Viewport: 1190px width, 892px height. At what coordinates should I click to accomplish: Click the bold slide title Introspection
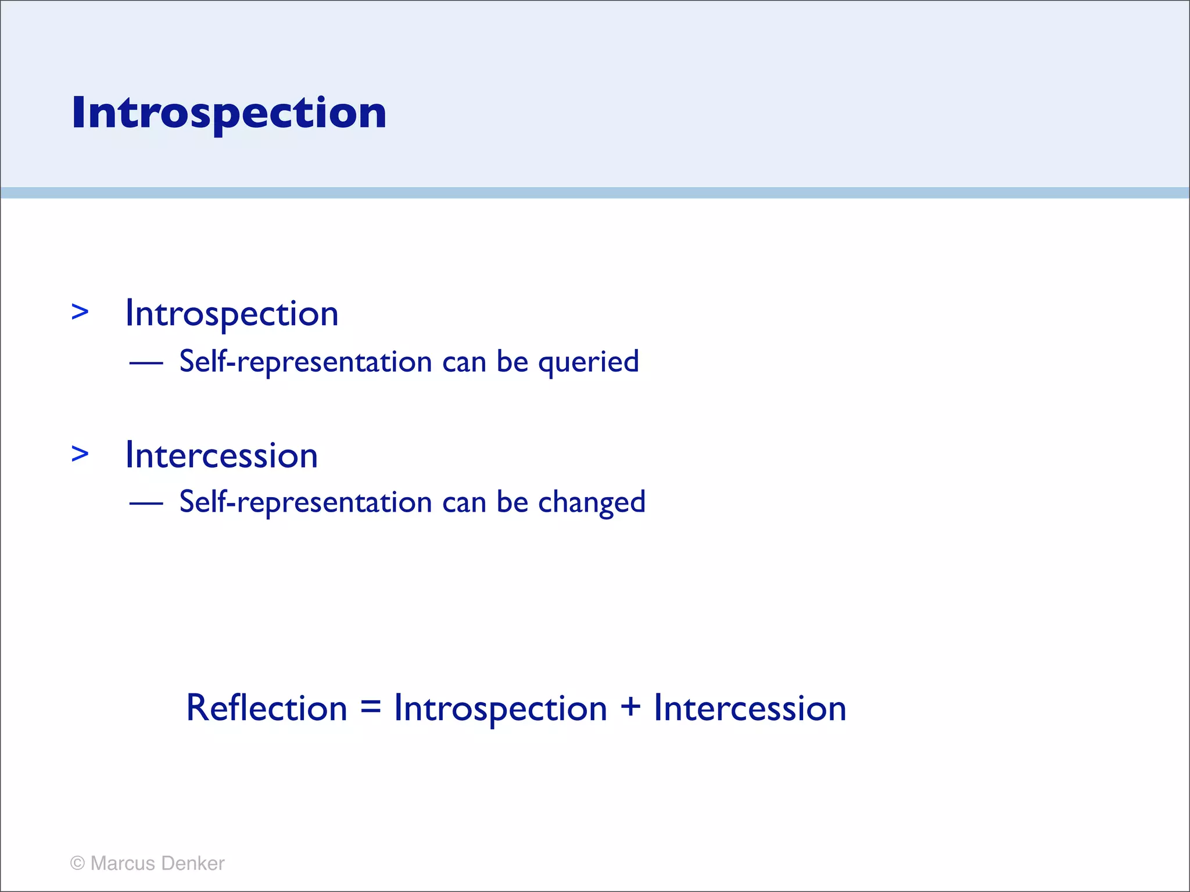tap(229, 113)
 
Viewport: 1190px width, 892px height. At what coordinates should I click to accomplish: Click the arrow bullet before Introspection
tap(80, 312)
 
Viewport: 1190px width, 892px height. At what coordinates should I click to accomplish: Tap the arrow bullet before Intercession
tap(80, 454)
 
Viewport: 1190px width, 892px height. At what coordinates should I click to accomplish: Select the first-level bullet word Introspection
tap(232, 314)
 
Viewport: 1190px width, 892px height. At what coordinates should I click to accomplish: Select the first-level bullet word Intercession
tap(221, 455)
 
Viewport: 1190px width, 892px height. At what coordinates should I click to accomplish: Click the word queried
tap(588, 362)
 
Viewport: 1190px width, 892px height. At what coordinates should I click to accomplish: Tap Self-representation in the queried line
tap(306, 362)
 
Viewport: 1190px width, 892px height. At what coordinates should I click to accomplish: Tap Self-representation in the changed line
tap(306, 502)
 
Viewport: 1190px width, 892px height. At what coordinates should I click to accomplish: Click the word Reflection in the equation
tap(267, 708)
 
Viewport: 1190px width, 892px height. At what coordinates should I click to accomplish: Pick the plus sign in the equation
tap(630, 708)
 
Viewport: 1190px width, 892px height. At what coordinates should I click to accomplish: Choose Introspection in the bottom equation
tap(500, 709)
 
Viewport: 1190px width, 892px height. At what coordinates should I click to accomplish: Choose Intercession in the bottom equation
tap(750, 709)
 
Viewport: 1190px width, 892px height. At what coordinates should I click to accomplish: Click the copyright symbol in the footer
tap(77, 863)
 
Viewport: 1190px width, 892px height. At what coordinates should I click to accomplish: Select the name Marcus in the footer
tap(123, 863)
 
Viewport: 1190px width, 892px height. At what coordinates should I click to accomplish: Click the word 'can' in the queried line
tap(464, 363)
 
